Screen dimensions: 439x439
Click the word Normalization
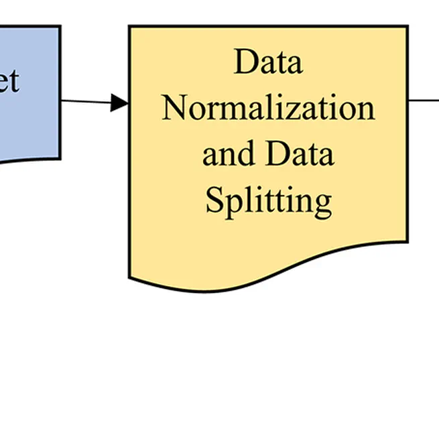[x=268, y=108]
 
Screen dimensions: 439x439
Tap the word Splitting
[x=268, y=200]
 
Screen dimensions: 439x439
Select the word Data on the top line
[x=268, y=62]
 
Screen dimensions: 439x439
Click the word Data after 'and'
[x=299, y=153]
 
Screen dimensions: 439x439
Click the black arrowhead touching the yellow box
[x=119, y=103]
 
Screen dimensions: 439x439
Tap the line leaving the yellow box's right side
[x=424, y=101]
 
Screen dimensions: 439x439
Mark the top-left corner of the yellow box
[x=129, y=27]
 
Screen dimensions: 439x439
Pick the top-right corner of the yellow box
[x=407, y=27]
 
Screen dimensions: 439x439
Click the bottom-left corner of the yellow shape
[x=129, y=275]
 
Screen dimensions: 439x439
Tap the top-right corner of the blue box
[x=60, y=27]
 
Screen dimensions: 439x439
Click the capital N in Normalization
[x=174, y=108]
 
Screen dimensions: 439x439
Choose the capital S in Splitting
[x=214, y=198]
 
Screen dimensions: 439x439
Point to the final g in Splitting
[x=323, y=203]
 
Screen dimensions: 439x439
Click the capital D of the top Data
[x=245, y=62]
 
